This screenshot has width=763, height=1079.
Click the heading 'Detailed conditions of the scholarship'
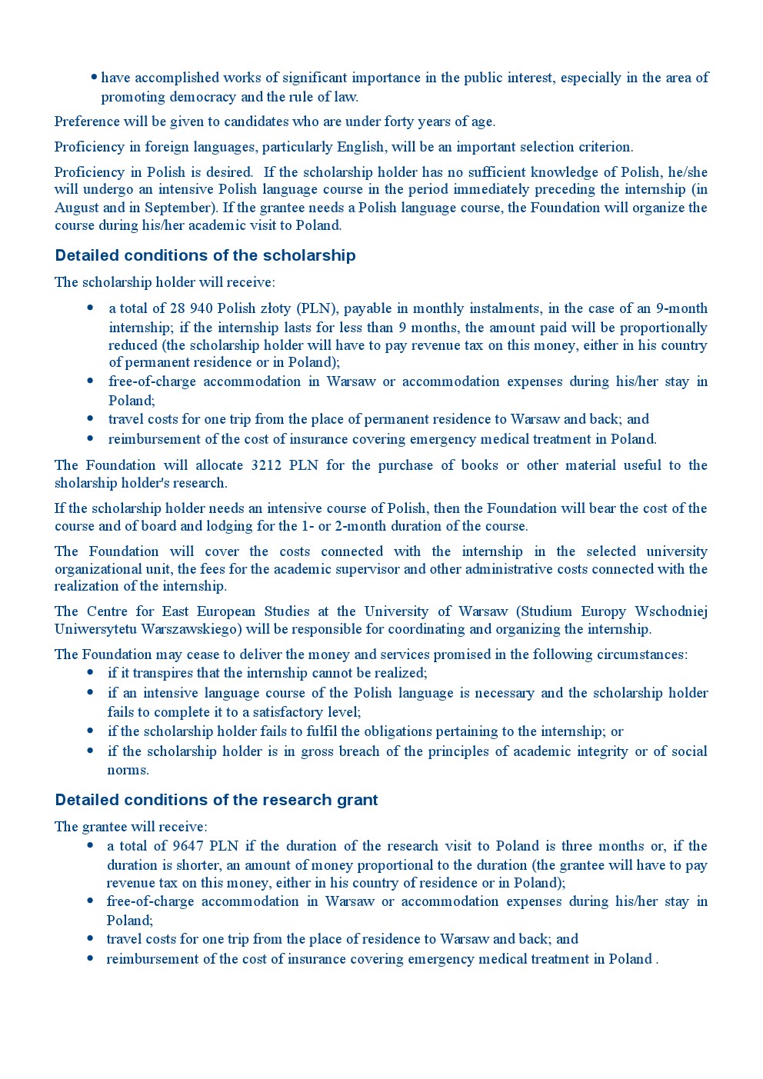(x=205, y=255)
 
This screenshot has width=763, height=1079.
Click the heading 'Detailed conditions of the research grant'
(x=216, y=800)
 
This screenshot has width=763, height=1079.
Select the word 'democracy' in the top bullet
(x=206, y=97)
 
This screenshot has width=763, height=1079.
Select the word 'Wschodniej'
(x=671, y=611)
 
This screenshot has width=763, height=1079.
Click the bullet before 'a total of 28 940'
(x=91, y=308)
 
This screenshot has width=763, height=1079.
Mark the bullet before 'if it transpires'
(x=91, y=673)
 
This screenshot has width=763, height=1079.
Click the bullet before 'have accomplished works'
(x=94, y=77)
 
